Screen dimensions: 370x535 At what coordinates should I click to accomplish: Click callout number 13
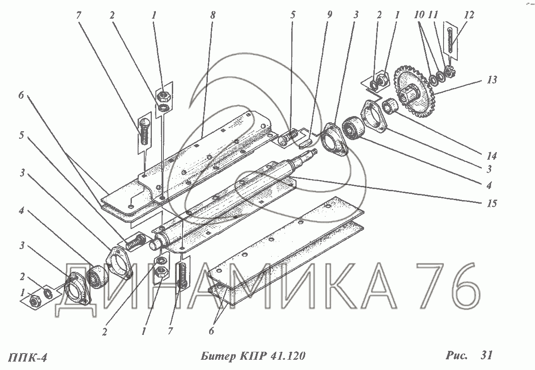(491, 80)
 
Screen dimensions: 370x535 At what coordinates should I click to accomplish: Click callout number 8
(213, 15)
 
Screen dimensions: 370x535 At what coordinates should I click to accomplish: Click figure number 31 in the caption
(486, 356)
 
